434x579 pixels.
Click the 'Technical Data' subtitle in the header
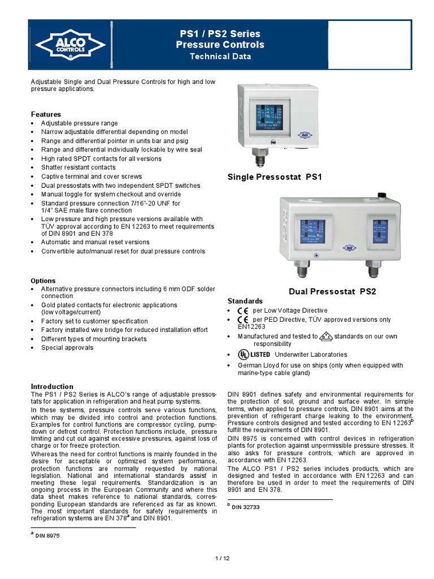click(x=220, y=57)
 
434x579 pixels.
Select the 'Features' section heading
click(x=46, y=114)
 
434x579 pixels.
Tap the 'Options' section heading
click(x=43, y=280)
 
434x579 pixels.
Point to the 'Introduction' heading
click(x=52, y=386)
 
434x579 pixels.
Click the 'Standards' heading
click(x=245, y=301)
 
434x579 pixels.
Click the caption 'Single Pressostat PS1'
click(x=274, y=178)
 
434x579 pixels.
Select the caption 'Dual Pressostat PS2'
click(x=332, y=292)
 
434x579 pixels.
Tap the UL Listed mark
click(x=253, y=355)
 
